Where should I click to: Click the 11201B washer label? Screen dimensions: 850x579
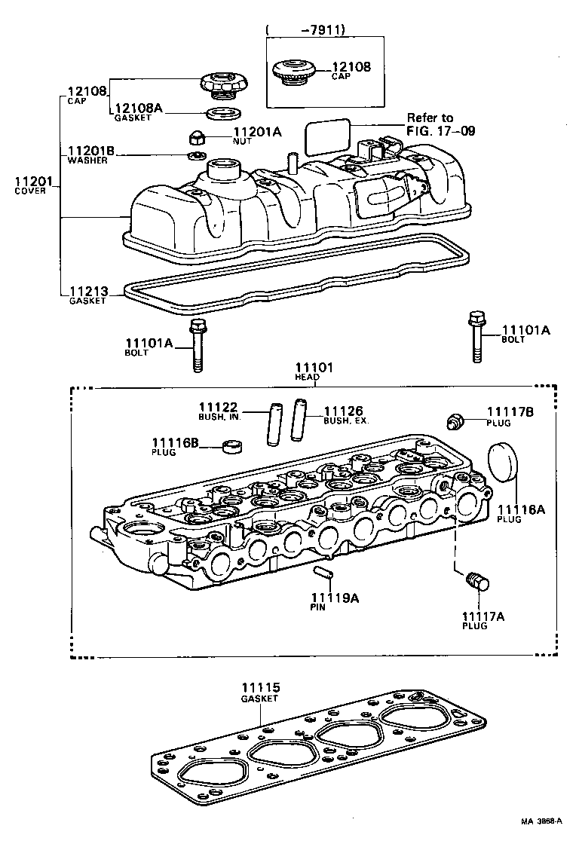click(90, 154)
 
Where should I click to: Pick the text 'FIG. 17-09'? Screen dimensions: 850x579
click(441, 130)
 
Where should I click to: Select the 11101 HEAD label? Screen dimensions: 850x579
click(313, 371)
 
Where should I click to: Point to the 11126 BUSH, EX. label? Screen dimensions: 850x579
click(345, 415)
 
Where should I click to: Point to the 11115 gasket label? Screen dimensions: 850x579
click(260, 691)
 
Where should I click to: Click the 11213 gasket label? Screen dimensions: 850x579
click(88, 294)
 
